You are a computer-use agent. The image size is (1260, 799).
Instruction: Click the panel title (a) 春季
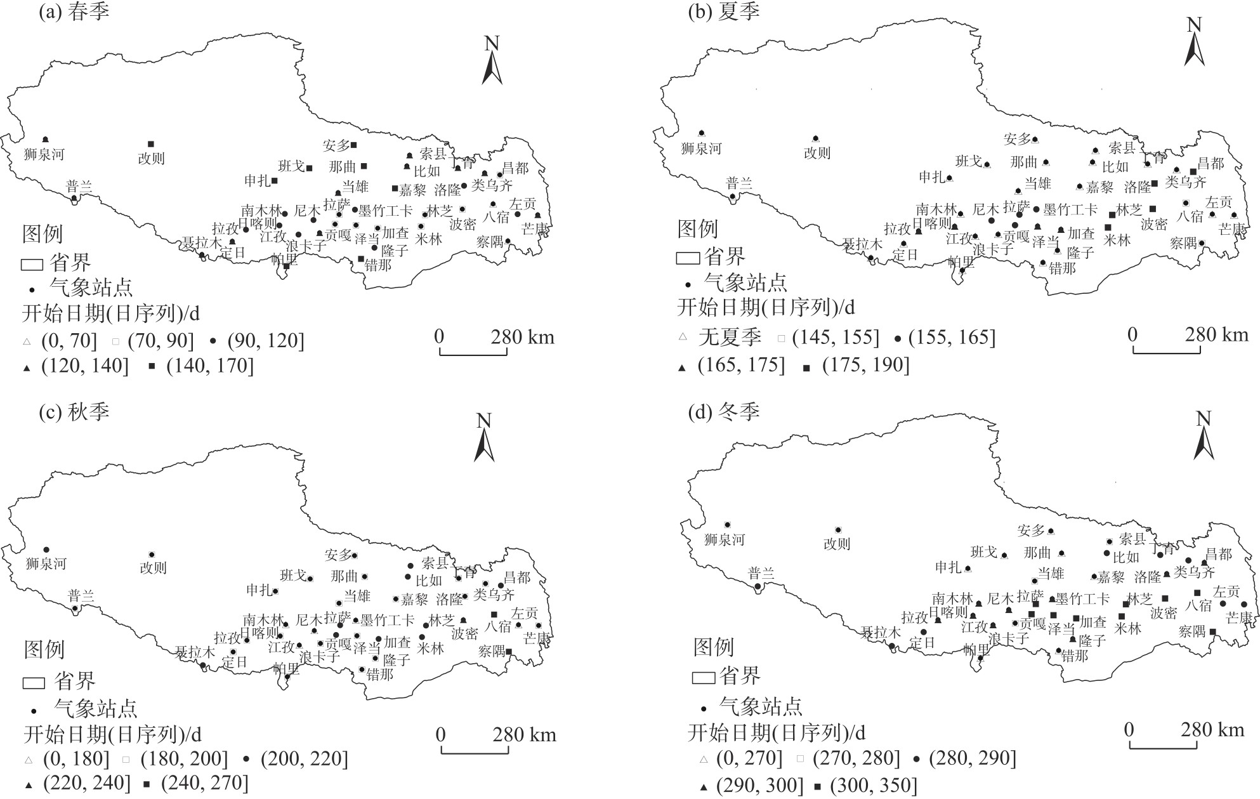(73, 11)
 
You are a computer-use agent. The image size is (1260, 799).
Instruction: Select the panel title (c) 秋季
(73, 411)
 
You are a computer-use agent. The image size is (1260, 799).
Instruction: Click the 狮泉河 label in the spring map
(44, 154)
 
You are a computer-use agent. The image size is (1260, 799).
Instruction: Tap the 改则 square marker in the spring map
(151, 144)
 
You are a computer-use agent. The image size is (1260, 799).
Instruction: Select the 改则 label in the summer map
(817, 153)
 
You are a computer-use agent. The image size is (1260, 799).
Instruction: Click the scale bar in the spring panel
(473, 351)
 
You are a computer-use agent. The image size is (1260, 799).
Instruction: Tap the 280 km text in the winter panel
(1212, 729)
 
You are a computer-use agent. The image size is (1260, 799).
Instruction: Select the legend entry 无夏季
(730, 337)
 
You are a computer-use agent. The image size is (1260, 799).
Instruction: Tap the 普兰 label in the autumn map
(81, 595)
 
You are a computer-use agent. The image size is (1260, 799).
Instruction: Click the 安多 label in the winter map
(1030, 531)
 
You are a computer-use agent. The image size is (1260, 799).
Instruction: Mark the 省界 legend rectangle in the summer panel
(688, 258)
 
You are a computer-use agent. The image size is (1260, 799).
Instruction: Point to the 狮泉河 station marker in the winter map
(728, 525)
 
